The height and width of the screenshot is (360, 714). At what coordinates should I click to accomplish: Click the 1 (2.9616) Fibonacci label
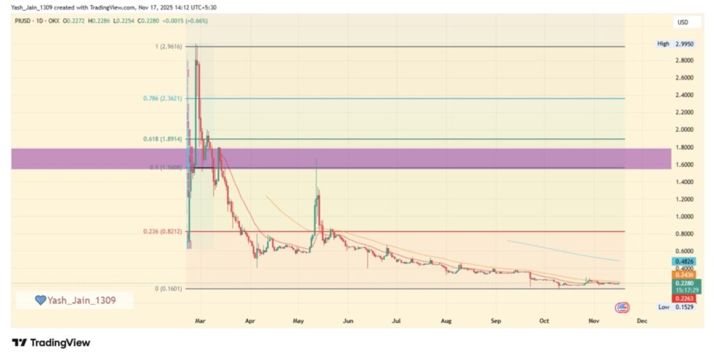tap(167, 47)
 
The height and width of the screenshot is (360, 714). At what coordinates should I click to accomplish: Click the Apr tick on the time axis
tap(250, 322)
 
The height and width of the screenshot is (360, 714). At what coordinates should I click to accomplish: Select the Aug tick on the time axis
tap(447, 322)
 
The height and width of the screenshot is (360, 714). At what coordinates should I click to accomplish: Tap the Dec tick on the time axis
tap(642, 322)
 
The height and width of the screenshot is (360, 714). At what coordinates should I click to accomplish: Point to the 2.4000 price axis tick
tap(684, 95)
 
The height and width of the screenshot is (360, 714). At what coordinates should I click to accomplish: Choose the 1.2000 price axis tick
tap(684, 199)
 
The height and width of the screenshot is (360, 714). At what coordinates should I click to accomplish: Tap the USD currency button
tap(684, 22)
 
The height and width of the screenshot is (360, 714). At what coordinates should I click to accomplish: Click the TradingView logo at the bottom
tap(51, 343)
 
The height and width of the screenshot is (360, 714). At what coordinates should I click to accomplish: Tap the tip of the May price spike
tap(317, 159)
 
